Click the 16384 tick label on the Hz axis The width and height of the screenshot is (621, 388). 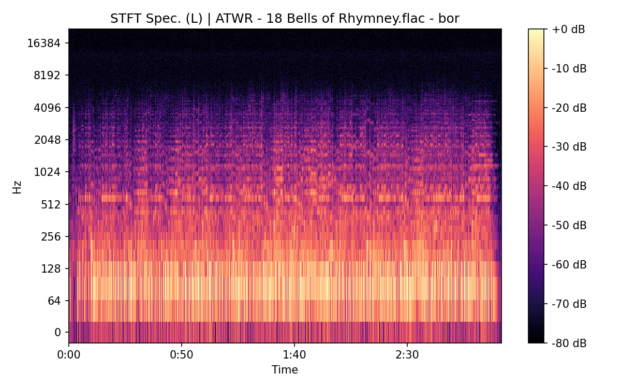pos(44,43)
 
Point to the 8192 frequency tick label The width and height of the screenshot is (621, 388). pos(47,75)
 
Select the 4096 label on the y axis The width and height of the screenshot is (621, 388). pos(47,108)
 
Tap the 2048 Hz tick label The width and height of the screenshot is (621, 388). pos(47,140)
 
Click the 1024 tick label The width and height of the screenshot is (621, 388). pos(47,172)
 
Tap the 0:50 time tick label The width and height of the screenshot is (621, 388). pos(182,355)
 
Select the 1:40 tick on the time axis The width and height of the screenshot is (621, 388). pos(294,355)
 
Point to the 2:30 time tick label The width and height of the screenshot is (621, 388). pos(407,355)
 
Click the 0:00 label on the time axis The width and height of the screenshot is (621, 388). pos(69,355)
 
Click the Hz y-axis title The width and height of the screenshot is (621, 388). pos(17,186)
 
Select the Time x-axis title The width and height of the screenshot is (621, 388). pos(285,370)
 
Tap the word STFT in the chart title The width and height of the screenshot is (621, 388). pos(123,19)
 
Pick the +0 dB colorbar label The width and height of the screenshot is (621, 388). pos(568,29)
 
